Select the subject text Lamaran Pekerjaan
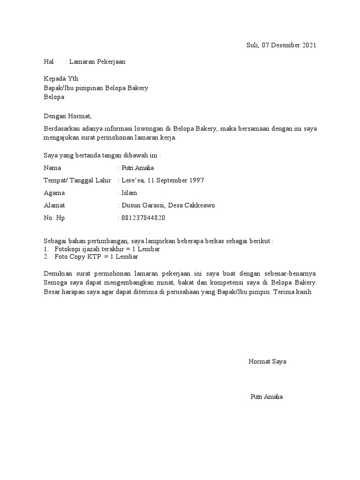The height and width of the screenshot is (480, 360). [x=97, y=61]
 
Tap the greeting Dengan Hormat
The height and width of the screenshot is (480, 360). [x=68, y=116]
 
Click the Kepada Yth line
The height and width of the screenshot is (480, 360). [x=61, y=78]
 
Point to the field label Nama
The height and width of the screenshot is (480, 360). [x=52, y=168]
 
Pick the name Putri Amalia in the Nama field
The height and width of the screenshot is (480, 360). [x=137, y=168]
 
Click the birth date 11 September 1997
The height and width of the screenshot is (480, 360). [x=176, y=180]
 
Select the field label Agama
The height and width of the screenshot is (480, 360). [x=54, y=193]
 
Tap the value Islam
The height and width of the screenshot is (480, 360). [x=129, y=193]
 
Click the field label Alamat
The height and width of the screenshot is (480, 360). [x=54, y=205]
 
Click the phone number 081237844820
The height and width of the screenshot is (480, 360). [x=143, y=218]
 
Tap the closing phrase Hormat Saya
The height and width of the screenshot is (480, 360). [x=267, y=361]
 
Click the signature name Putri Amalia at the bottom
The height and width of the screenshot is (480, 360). [x=267, y=397]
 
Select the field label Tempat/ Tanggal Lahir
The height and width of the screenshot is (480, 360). [x=77, y=180]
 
